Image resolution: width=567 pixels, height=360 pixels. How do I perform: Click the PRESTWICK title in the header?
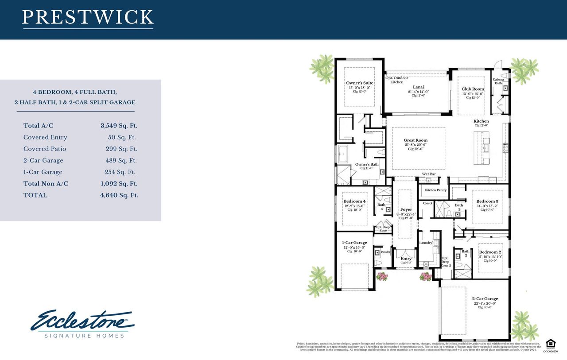tap(88, 17)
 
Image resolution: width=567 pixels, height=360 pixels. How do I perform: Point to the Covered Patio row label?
tap(45, 149)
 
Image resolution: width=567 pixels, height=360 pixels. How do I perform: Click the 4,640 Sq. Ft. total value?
tap(119, 195)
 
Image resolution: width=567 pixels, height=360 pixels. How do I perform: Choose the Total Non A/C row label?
tap(46, 183)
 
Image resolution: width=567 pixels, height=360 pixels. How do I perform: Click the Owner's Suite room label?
tap(359, 83)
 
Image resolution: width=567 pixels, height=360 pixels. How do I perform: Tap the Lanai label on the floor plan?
tap(419, 87)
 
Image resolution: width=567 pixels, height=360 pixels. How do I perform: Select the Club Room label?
tap(473, 89)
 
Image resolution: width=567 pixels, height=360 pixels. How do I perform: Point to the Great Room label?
tap(416, 140)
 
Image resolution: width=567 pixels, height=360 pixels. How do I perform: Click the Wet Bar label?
tap(429, 174)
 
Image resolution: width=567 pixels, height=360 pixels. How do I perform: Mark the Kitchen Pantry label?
tap(436, 190)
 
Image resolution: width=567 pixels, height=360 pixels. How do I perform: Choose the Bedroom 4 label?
tap(355, 201)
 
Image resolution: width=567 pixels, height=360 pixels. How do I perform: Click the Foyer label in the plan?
tap(406, 209)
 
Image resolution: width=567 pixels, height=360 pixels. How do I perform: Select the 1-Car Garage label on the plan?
tap(354, 243)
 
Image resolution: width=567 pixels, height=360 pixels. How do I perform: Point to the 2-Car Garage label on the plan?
tap(485, 298)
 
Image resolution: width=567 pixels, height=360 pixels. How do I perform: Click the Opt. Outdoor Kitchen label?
tap(396, 80)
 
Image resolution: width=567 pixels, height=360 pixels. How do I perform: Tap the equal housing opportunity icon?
tap(550, 343)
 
